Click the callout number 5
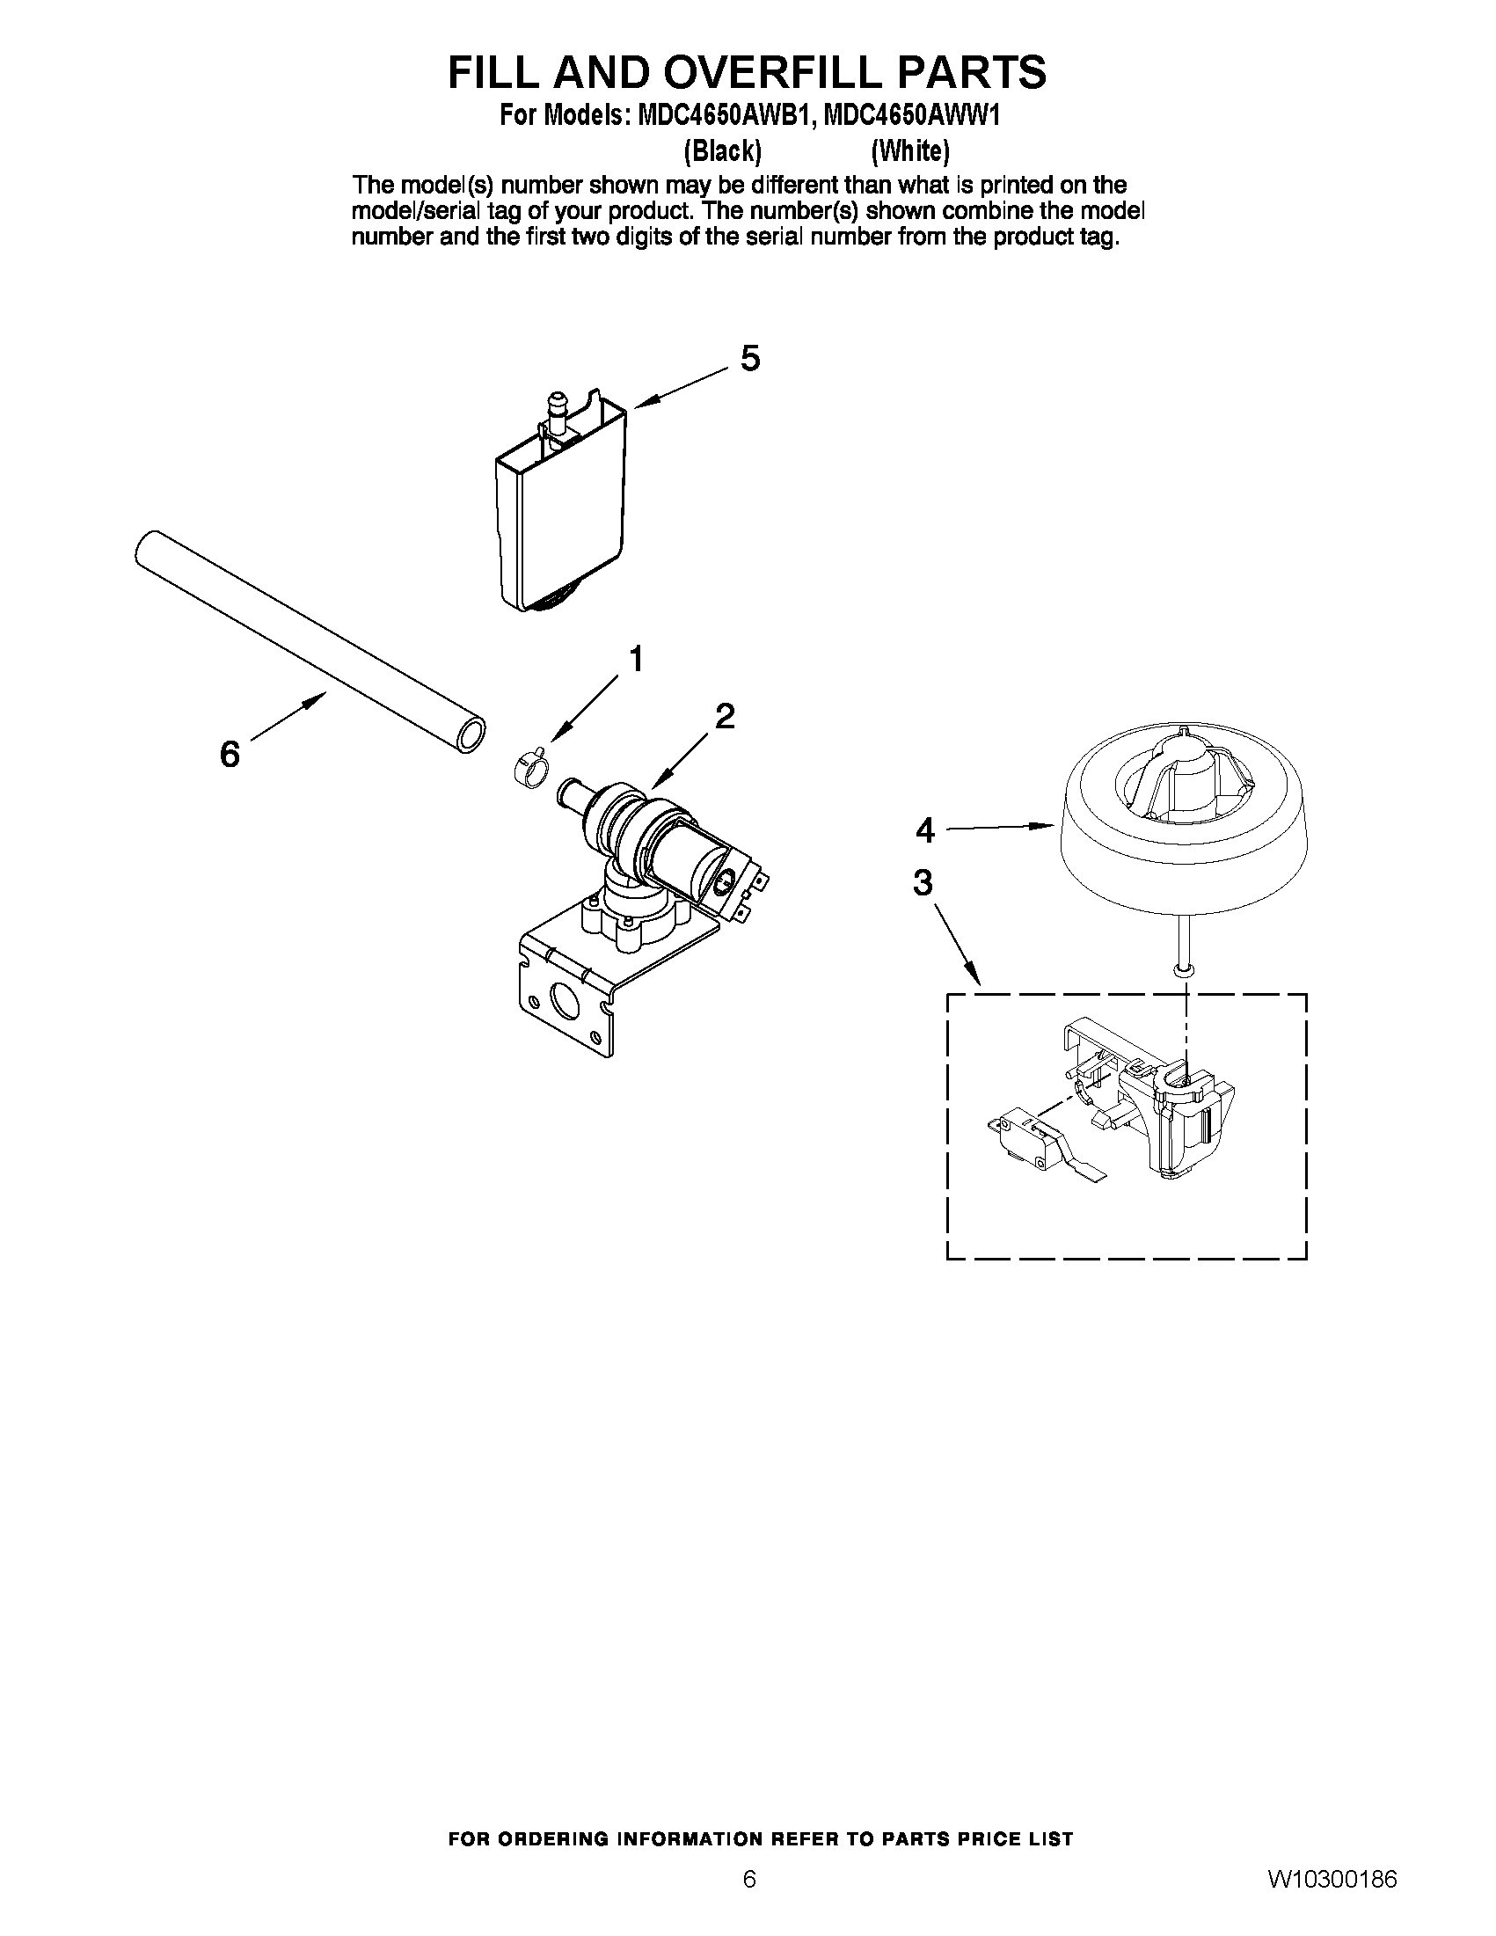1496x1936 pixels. [750, 359]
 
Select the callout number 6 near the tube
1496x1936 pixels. [230, 755]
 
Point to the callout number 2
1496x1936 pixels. [724, 716]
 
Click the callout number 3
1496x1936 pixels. [923, 883]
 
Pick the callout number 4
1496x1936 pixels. [924, 830]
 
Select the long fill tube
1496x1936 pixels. [310, 642]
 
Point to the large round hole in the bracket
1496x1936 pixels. [564, 999]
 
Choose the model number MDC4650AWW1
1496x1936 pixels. [912, 116]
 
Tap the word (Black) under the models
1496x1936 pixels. [722, 151]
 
